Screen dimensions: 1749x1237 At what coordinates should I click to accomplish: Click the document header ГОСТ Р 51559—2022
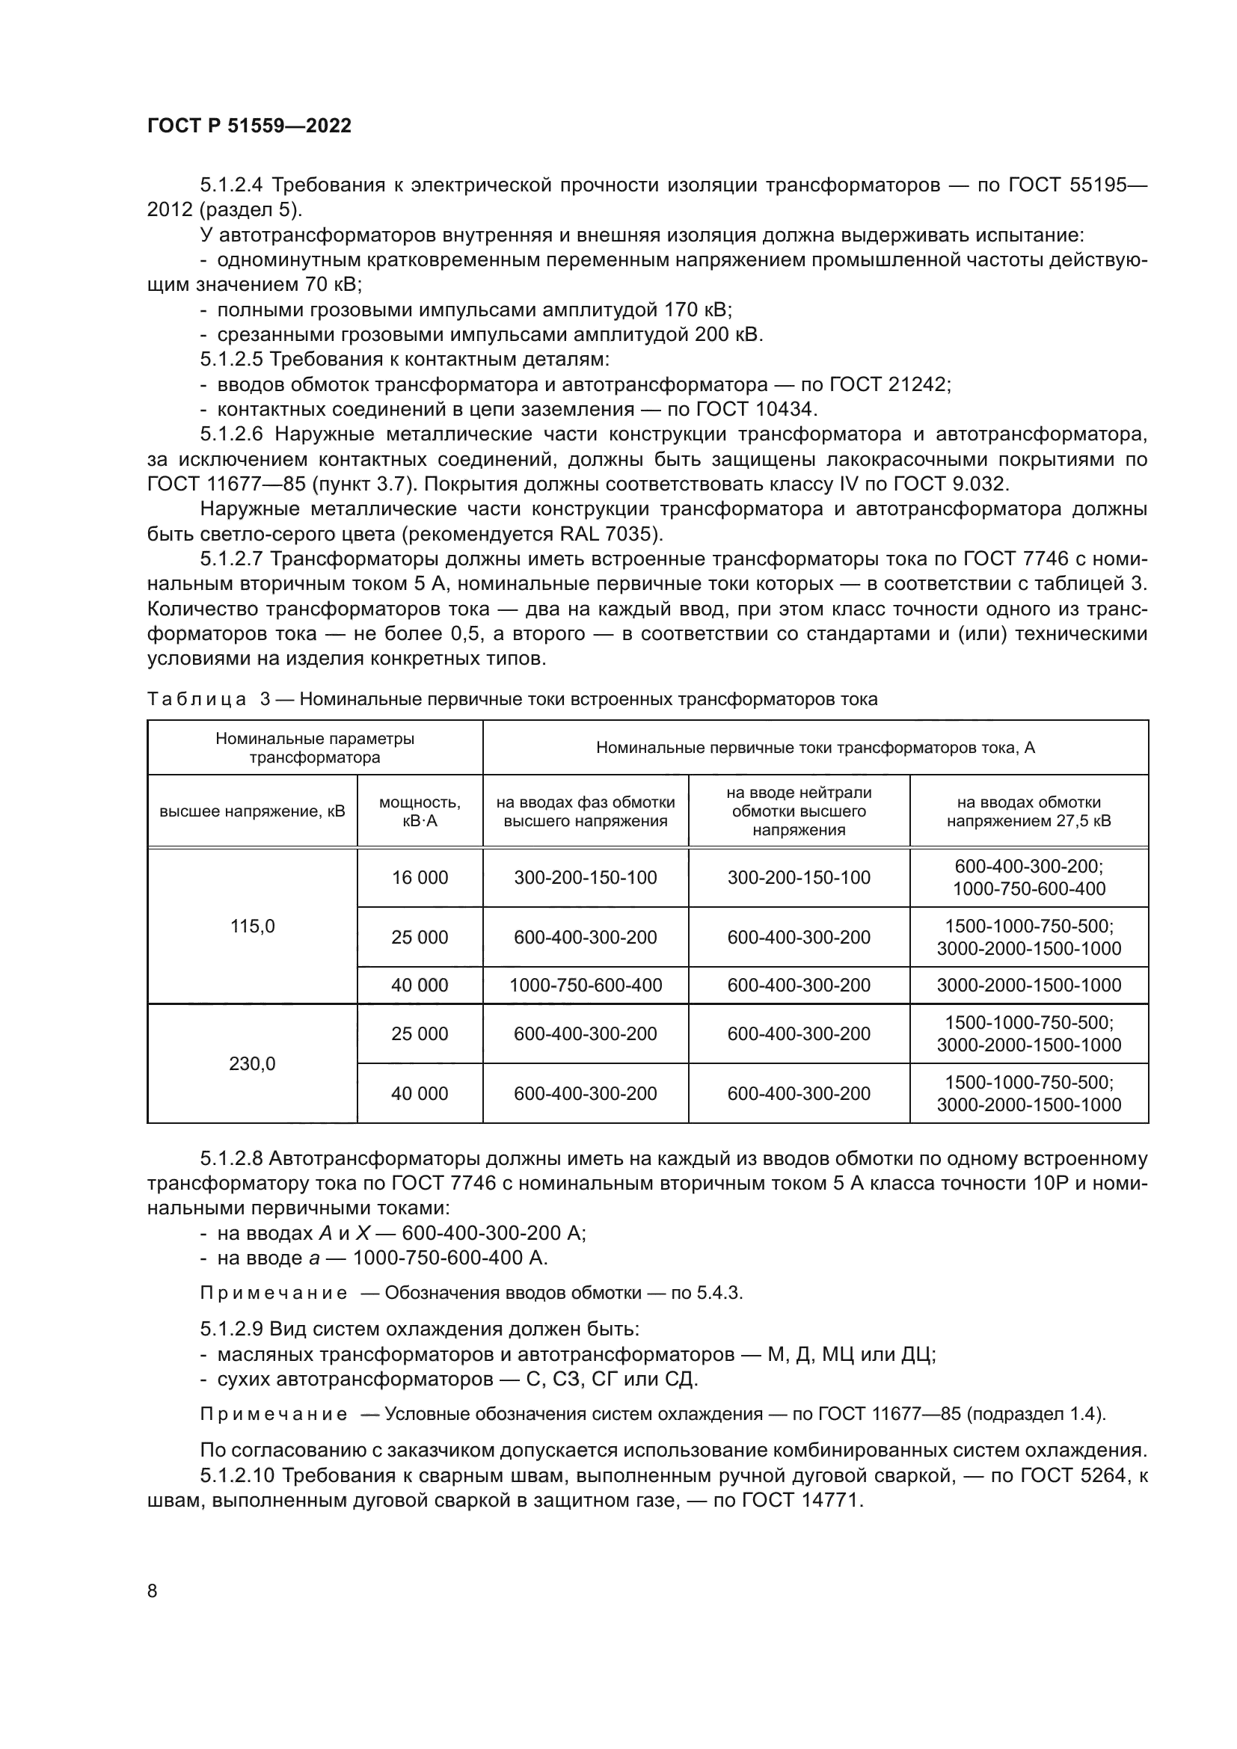coord(249,126)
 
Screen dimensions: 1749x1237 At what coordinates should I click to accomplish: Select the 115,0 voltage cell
coord(252,926)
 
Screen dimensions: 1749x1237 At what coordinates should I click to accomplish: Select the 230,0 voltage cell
coord(252,1063)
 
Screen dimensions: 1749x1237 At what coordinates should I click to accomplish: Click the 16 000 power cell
coord(420,878)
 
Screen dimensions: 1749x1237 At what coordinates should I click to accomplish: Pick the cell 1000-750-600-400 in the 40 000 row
coord(585,985)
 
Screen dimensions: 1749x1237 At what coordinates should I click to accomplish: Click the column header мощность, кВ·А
coord(420,811)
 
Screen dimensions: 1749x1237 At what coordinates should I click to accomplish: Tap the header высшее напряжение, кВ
coord(252,811)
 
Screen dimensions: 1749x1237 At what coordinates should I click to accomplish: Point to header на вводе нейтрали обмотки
coord(798,811)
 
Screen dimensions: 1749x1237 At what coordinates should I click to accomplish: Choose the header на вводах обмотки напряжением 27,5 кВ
coord(1028,811)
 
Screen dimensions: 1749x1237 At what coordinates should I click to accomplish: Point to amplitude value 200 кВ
coord(728,334)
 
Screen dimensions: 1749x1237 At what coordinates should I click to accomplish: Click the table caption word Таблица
coord(197,699)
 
